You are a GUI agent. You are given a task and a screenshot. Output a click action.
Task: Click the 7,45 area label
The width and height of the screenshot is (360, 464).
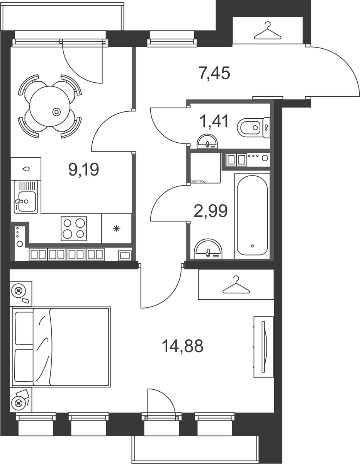pos(214,73)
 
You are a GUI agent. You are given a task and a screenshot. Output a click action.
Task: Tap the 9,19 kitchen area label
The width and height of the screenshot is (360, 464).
pos(83,169)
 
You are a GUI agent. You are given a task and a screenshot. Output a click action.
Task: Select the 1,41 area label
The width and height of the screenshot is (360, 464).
pos(214,121)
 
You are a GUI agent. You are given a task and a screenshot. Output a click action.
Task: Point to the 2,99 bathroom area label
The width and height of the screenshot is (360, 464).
pos(211,211)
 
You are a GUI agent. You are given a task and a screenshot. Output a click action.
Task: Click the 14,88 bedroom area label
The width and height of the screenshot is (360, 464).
pos(183,346)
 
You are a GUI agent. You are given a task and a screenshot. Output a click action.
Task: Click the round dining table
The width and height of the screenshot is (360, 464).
pos(50,106)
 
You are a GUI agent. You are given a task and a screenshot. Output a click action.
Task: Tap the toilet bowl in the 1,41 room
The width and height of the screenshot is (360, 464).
pos(250,128)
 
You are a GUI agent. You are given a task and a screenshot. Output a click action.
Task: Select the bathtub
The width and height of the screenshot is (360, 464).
pos(252,216)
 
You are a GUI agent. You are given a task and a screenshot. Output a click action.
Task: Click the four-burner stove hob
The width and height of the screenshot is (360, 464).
pos(74,229)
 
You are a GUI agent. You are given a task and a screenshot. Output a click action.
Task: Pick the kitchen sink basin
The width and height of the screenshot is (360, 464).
pos(27,201)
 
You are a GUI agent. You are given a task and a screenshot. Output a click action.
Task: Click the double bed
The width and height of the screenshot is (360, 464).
pos(61,347)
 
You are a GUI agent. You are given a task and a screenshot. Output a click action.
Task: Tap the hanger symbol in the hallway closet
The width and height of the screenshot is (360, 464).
pos(267,31)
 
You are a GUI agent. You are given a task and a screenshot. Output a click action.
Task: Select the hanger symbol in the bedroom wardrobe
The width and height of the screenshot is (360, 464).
pos(236,285)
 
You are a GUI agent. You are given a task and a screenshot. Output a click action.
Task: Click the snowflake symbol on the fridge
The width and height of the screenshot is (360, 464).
pos(116,229)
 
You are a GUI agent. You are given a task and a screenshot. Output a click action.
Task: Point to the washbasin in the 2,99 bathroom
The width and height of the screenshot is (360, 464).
pos(208,249)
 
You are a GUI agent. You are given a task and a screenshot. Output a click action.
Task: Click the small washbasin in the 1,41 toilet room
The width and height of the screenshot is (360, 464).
pos(207,142)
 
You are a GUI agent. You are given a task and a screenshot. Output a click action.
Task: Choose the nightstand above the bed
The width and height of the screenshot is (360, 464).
pos(21,293)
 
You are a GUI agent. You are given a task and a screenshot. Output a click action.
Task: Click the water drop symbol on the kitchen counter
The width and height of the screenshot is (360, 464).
pos(26,169)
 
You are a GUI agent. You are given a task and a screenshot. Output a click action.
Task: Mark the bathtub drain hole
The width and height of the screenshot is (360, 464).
pos(252,246)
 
